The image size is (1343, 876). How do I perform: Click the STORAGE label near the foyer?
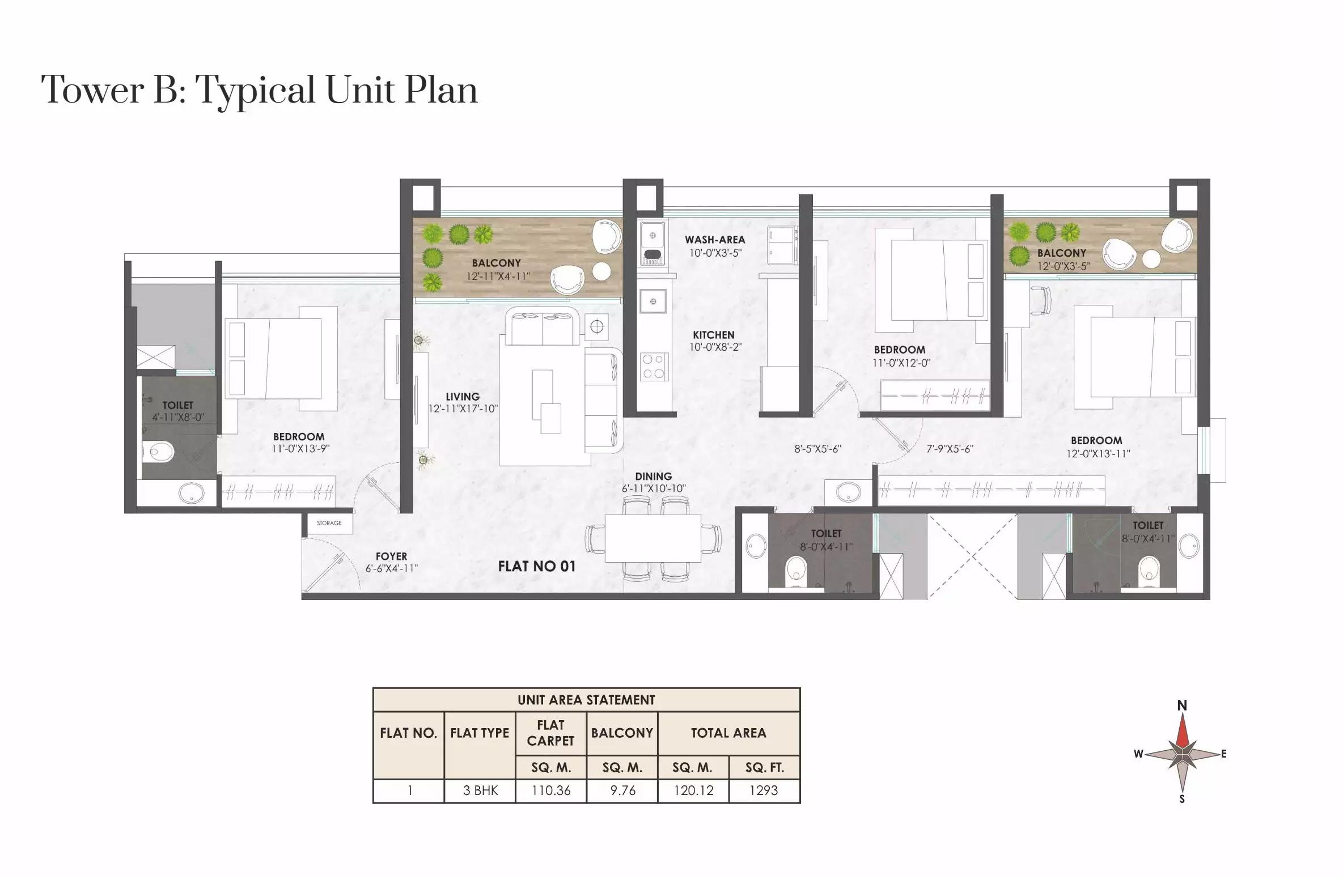point(329,523)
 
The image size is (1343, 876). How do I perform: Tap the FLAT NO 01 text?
point(536,566)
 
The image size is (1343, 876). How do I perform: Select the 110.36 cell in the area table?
point(550,790)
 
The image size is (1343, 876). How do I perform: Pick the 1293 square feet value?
point(764,790)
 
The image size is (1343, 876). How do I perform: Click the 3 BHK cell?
point(480,790)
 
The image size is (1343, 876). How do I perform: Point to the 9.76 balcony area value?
point(622,790)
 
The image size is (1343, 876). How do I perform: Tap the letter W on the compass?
point(1138,754)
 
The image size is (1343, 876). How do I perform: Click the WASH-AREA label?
point(714,240)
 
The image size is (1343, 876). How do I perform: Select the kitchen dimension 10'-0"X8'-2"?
point(715,347)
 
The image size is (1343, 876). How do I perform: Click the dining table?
point(653,538)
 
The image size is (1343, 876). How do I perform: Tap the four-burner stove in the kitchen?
point(653,367)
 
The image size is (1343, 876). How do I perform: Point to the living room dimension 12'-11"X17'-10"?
point(463,409)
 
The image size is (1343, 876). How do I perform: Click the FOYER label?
point(391,556)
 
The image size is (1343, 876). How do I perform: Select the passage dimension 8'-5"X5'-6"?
point(817,449)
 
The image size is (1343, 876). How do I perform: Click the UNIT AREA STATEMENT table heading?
point(586,700)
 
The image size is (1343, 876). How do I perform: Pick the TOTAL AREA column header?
point(728,733)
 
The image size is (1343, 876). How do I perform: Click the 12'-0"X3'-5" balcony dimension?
point(1063,266)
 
